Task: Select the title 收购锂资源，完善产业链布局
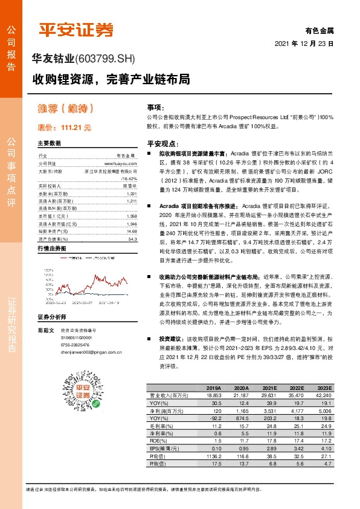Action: coord(112,79)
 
